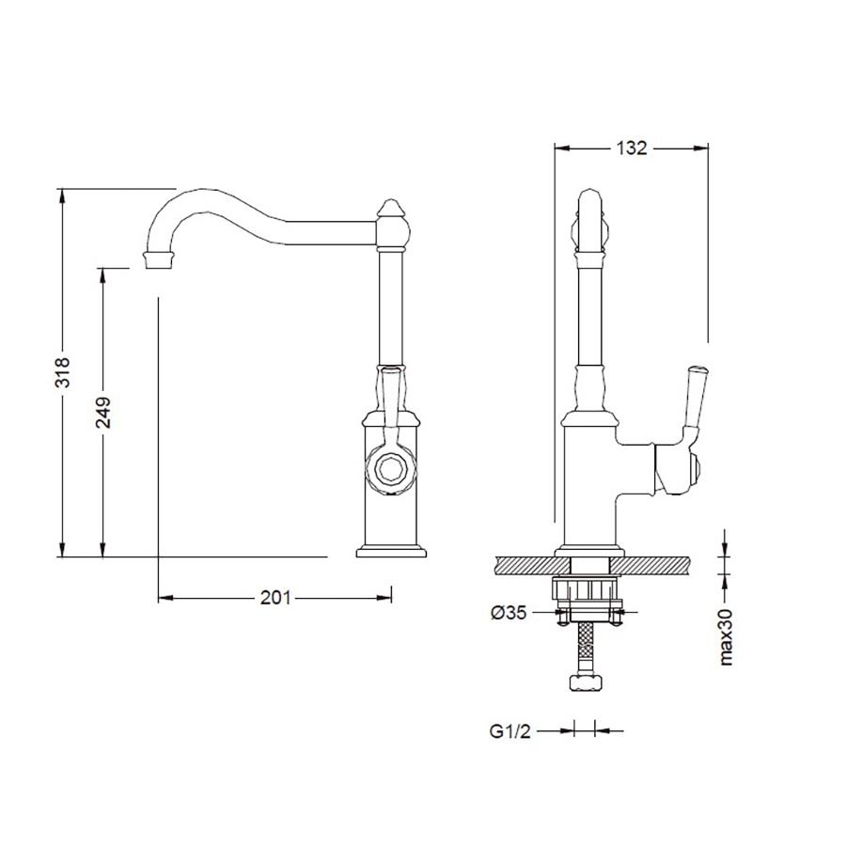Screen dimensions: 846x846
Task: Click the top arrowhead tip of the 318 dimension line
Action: (x=62, y=189)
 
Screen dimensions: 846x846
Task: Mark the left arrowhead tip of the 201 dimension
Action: (x=159, y=598)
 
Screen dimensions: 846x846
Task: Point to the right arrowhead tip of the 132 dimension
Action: (x=708, y=148)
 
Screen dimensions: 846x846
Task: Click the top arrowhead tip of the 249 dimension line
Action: (x=102, y=268)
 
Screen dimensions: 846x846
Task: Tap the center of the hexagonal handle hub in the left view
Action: (x=391, y=467)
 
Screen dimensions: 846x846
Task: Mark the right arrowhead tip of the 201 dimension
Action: (x=392, y=598)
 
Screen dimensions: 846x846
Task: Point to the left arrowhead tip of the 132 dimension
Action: (x=556, y=148)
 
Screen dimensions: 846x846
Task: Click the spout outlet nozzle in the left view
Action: (x=158, y=259)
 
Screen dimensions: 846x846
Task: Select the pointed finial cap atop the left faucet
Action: (x=393, y=209)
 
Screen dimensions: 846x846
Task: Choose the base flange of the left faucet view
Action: (x=391, y=551)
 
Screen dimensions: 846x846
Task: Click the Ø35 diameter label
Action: (x=509, y=612)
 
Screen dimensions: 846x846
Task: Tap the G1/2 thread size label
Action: (x=510, y=731)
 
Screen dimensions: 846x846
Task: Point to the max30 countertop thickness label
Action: (x=727, y=636)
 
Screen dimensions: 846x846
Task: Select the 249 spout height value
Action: (x=103, y=413)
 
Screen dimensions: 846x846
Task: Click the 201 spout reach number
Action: (x=275, y=598)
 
